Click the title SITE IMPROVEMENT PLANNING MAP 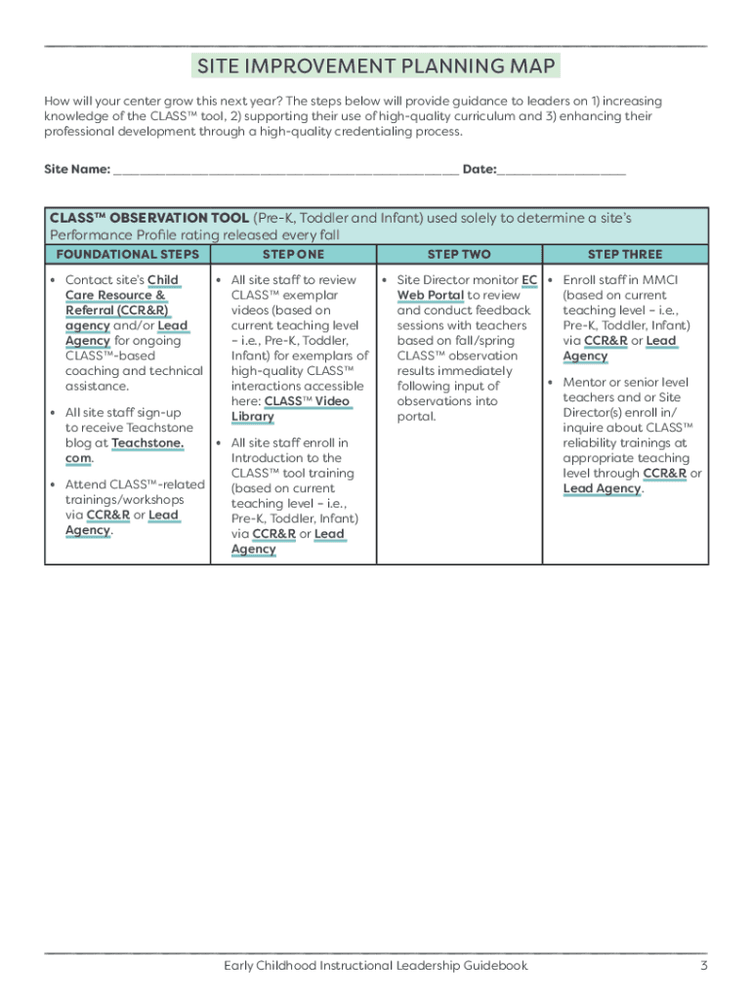(376, 66)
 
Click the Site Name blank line (285, 170)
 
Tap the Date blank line (562, 170)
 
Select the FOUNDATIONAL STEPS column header (127, 254)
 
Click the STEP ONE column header (293, 254)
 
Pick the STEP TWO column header (459, 254)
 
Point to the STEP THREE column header (625, 254)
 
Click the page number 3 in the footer (703, 966)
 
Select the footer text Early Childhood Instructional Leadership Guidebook (375, 966)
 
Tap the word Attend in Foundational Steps (86, 484)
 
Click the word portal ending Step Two (416, 417)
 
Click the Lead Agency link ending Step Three (602, 488)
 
